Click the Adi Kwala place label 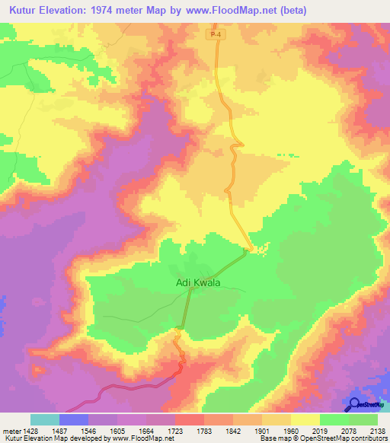[x=198, y=282]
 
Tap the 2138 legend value [x=376, y=430]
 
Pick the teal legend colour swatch [x=44, y=419]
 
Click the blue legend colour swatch [x=73, y=419]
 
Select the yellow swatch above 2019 [x=305, y=419]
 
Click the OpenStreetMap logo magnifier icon [x=353, y=403]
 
